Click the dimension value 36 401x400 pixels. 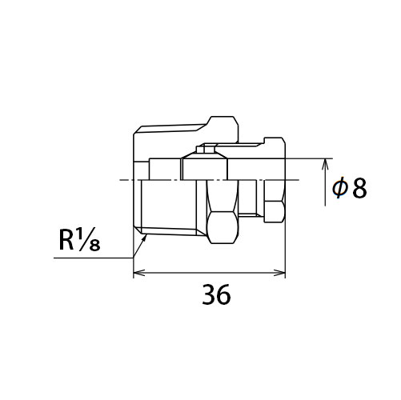(216, 294)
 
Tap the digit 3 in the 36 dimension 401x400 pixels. (209, 294)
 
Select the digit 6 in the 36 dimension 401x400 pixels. (223, 294)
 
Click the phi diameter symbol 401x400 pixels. (340, 188)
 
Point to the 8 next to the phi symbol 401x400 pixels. (359, 188)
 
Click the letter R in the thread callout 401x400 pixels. (66, 240)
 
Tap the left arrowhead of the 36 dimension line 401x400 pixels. (138, 273)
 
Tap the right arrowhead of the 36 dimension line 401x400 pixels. (279, 273)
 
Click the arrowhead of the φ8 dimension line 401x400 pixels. (325, 164)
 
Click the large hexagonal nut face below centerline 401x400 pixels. (223, 227)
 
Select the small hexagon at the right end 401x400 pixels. (274, 212)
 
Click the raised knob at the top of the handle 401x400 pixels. (223, 129)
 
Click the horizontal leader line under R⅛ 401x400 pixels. (94, 258)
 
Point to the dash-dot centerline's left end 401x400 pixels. (120, 180)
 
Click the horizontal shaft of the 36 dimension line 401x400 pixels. (210, 273)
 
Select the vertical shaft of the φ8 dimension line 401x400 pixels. (325, 182)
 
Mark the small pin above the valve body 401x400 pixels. (209, 149)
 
